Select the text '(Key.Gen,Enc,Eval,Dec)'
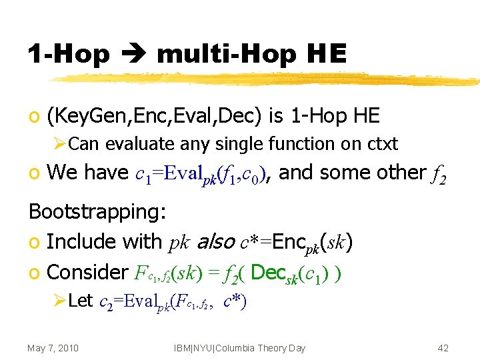(x=155, y=116)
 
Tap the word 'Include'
(x=85, y=241)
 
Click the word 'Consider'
(x=87, y=272)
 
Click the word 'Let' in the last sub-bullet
(x=81, y=301)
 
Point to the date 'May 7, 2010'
(x=53, y=348)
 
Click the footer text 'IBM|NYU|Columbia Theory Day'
(x=239, y=348)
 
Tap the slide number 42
(x=443, y=348)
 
